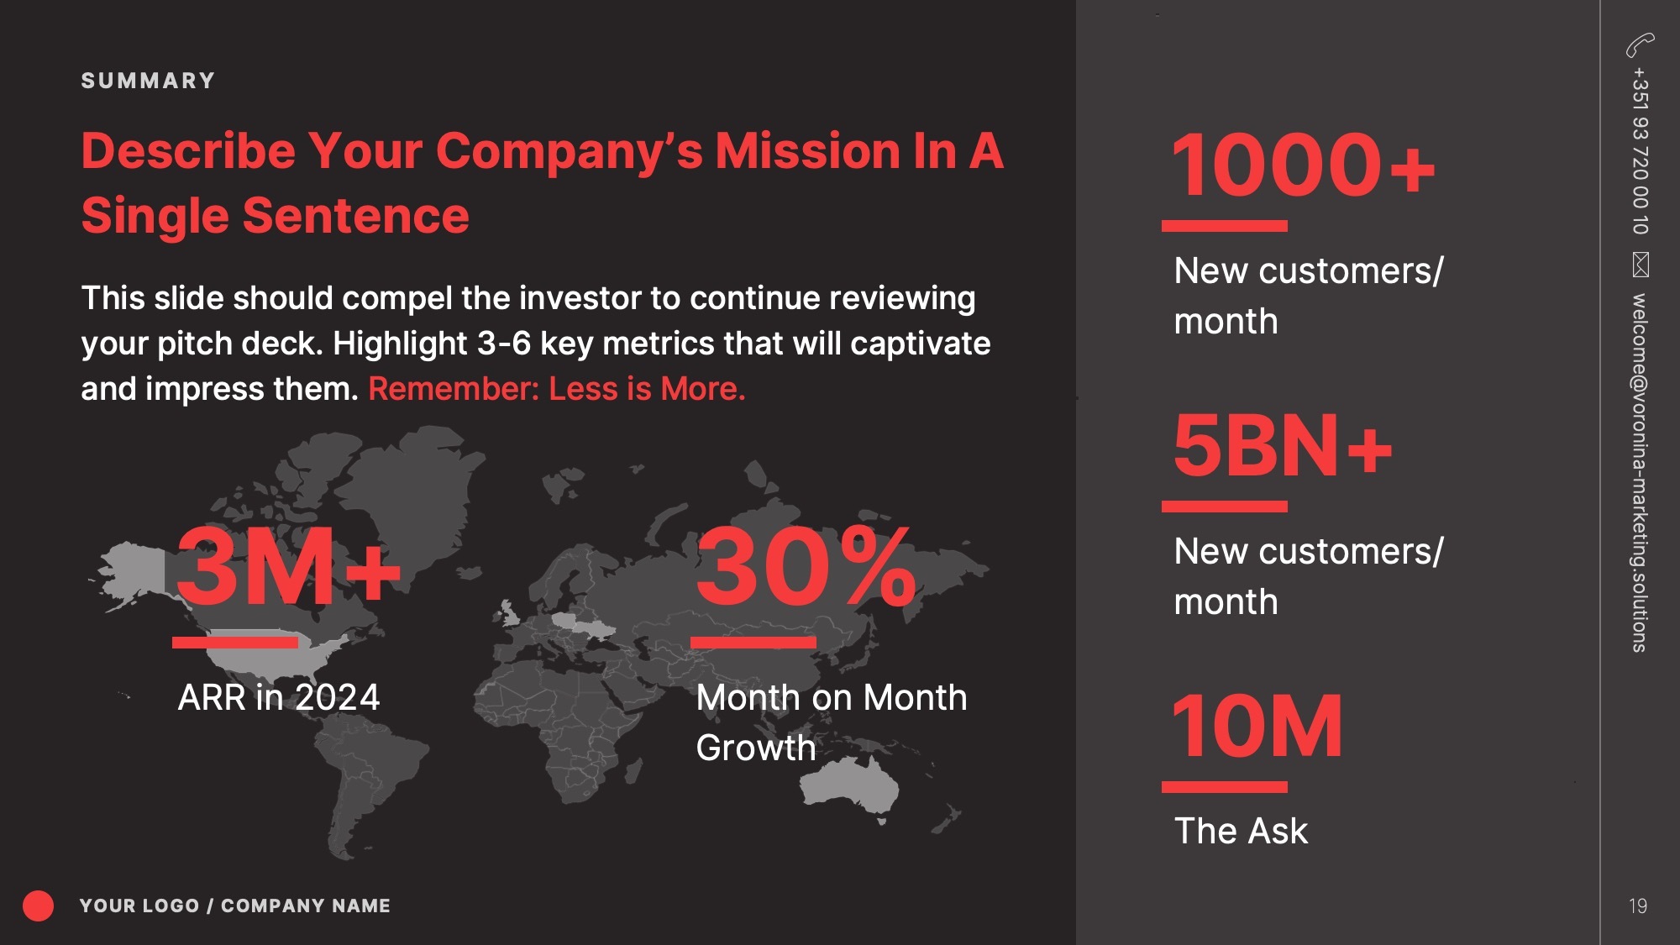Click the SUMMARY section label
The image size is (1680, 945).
point(148,81)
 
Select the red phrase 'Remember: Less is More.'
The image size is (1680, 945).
point(557,389)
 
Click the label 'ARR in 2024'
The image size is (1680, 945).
point(279,697)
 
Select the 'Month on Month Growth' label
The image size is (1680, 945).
point(832,722)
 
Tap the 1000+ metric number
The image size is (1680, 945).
point(1303,165)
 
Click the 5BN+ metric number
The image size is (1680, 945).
point(1283,445)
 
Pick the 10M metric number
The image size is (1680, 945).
point(1257,726)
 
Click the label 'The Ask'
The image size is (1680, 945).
point(1241,831)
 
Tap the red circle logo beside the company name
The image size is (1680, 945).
point(38,906)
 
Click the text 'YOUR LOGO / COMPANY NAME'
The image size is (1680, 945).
point(235,906)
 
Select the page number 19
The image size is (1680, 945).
point(1638,906)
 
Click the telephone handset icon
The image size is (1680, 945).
point(1640,45)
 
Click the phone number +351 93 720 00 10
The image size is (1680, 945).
point(1640,151)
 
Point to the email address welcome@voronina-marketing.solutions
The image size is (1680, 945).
point(1640,473)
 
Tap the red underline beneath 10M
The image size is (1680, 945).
point(1225,787)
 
